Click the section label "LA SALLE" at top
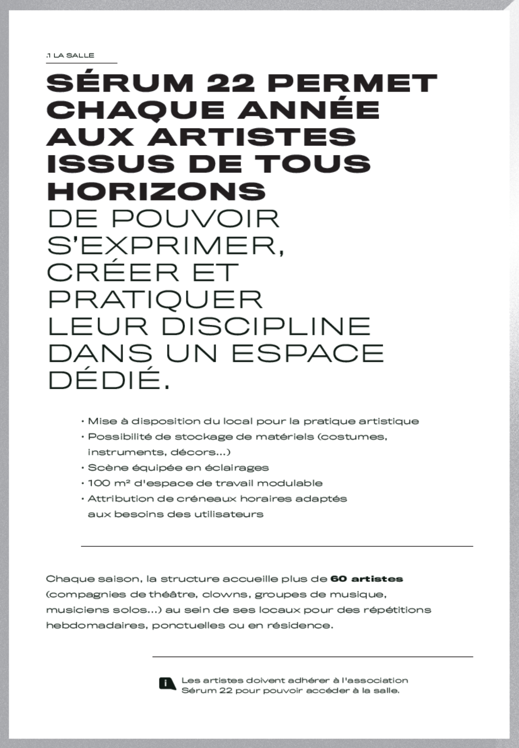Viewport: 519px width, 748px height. coord(74,55)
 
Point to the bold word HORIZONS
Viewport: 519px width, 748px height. coord(156,191)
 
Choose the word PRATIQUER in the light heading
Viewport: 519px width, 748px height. coord(155,299)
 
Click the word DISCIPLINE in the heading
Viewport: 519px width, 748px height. coord(265,326)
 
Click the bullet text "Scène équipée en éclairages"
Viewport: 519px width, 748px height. coord(178,467)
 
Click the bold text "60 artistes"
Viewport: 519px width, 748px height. coord(366,579)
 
